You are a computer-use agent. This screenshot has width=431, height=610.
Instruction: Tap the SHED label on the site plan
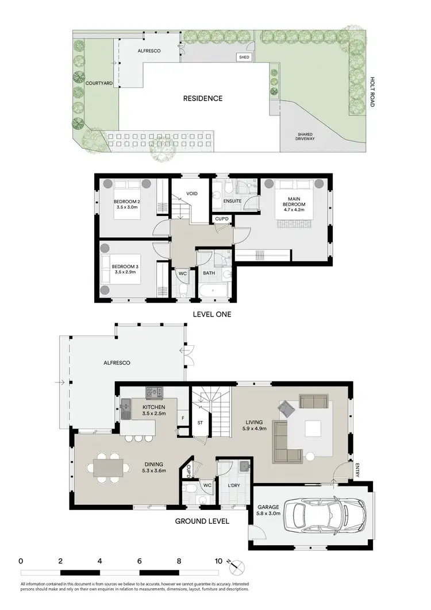[x=244, y=57]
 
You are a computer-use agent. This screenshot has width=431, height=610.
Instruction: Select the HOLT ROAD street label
[x=372, y=92]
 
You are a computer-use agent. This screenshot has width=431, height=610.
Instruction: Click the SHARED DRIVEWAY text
[x=304, y=136]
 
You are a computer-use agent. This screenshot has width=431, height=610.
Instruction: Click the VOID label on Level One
[x=192, y=194]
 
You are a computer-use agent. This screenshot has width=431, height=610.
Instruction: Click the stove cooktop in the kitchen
[x=155, y=393]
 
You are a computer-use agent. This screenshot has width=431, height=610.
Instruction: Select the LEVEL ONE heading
[x=212, y=314]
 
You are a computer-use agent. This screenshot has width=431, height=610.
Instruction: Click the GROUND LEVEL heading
[x=203, y=522]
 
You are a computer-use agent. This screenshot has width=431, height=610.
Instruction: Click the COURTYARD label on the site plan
[x=99, y=83]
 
